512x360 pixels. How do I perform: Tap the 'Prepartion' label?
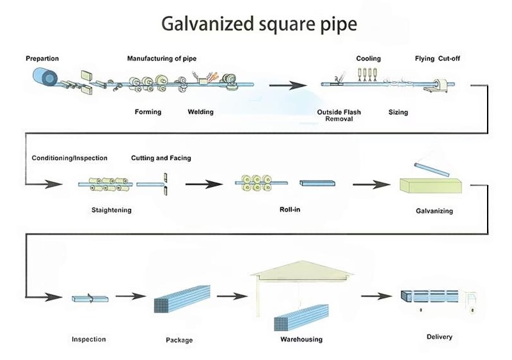tap(42, 59)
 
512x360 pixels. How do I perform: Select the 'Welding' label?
tap(200, 112)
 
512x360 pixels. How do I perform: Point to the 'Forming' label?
tap(148, 112)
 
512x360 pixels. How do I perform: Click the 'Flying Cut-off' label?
tap(437, 59)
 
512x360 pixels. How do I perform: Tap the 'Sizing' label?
tap(398, 112)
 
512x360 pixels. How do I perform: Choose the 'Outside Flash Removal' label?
tap(339, 115)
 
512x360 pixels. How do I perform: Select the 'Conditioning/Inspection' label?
tap(70, 158)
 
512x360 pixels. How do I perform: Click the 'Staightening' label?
tap(111, 210)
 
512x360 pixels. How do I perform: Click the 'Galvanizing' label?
tap(435, 211)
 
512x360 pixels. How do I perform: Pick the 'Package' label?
tap(179, 340)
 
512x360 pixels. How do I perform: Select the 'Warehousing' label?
tap(301, 340)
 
